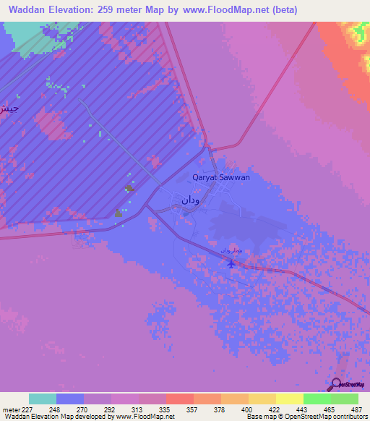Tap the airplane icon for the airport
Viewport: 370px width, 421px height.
231,263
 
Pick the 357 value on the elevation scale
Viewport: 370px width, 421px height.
192,409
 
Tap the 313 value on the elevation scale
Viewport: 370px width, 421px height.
137,409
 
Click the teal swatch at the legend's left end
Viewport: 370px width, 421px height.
43,399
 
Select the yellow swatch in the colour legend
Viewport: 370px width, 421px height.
289,399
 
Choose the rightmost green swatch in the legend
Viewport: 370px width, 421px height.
345,399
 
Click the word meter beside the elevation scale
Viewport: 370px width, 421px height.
11,409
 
